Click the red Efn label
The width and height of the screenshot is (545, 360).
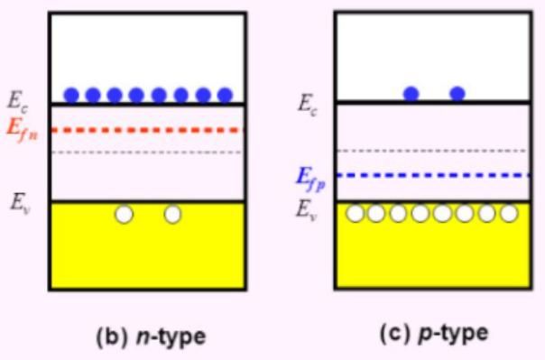[x=23, y=130]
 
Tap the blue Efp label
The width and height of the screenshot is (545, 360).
[x=310, y=178]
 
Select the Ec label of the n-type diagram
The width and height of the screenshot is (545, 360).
[x=18, y=101]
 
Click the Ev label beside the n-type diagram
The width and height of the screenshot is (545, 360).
[x=20, y=203]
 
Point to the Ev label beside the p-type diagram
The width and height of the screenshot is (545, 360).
[x=307, y=210]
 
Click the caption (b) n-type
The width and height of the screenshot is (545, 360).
[x=151, y=337]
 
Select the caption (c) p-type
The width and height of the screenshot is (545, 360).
[x=434, y=333]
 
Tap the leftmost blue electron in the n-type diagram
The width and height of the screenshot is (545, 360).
[x=71, y=95]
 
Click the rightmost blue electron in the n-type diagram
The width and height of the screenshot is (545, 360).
[x=225, y=95]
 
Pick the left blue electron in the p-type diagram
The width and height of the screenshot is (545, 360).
[x=411, y=94]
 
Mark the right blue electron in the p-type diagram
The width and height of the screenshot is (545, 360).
[x=457, y=94]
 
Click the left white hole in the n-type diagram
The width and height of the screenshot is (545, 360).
[x=124, y=214]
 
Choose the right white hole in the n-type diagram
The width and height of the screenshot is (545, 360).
[x=172, y=214]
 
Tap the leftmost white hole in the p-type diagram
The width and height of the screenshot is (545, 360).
[x=355, y=213]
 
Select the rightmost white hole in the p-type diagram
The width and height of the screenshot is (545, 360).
[x=509, y=213]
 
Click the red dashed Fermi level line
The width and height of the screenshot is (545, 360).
[x=147, y=130]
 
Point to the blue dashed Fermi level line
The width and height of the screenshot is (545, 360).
[x=433, y=175]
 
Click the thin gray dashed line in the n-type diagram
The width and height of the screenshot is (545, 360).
[x=147, y=152]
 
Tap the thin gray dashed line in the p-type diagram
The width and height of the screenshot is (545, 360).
[x=432, y=151]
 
